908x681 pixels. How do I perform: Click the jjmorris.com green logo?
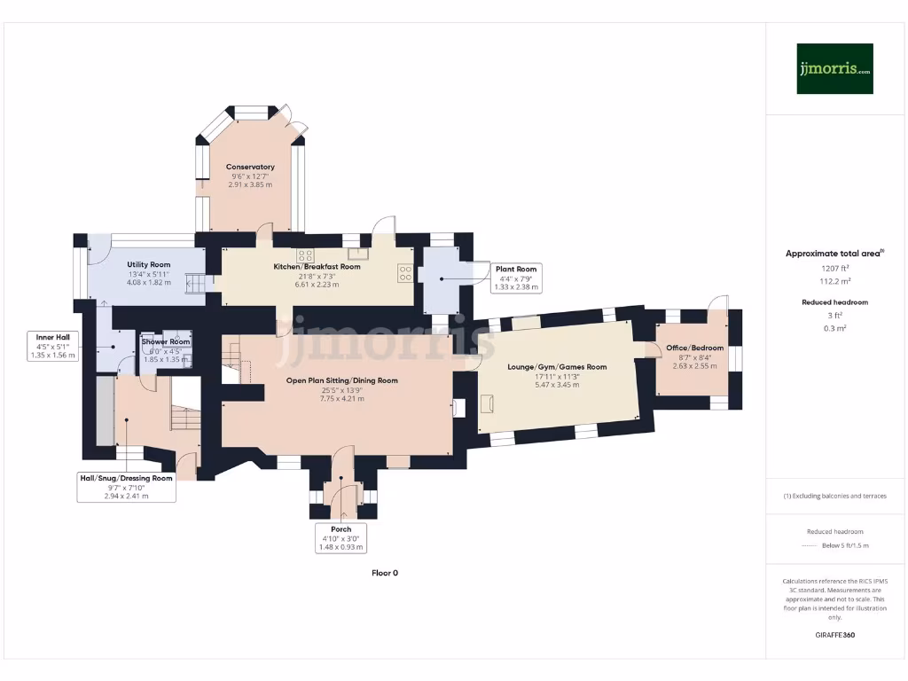point(834,68)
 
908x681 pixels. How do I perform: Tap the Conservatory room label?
point(250,167)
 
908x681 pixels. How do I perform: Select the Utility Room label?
point(148,264)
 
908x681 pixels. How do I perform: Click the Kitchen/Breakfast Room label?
point(317,266)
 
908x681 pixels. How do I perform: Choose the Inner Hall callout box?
point(54,346)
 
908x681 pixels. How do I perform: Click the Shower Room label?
point(167,341)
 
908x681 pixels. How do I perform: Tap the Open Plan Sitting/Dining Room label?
point(341,380)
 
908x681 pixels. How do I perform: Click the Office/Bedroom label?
point(695,348)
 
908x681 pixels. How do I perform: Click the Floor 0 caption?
point(385,573)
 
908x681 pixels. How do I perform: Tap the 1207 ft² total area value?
point(834,267)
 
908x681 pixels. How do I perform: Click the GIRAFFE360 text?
point(834,635)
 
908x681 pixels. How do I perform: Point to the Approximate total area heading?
point(834,254)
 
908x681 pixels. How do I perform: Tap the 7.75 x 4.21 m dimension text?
point(341,399)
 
